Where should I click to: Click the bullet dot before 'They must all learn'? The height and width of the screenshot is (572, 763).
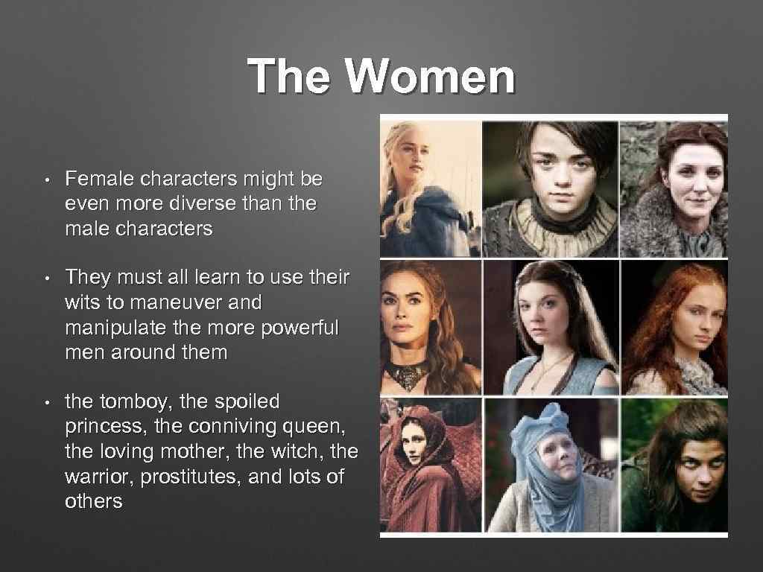pos(46,279)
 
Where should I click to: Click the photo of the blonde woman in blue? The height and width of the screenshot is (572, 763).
pos(430,189)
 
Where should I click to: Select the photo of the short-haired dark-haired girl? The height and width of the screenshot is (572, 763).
pos(551,189)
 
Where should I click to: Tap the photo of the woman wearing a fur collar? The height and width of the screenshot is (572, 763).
pos(674,189)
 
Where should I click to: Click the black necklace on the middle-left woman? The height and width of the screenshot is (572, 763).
pos(408,369)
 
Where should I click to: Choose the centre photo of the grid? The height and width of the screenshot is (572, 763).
pos(551,327)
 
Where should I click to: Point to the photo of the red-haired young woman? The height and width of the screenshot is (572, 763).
pos(674,327)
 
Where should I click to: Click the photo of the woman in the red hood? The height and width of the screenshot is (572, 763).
pos(430,465)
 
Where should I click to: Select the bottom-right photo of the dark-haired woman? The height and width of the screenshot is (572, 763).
pos(674,465)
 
